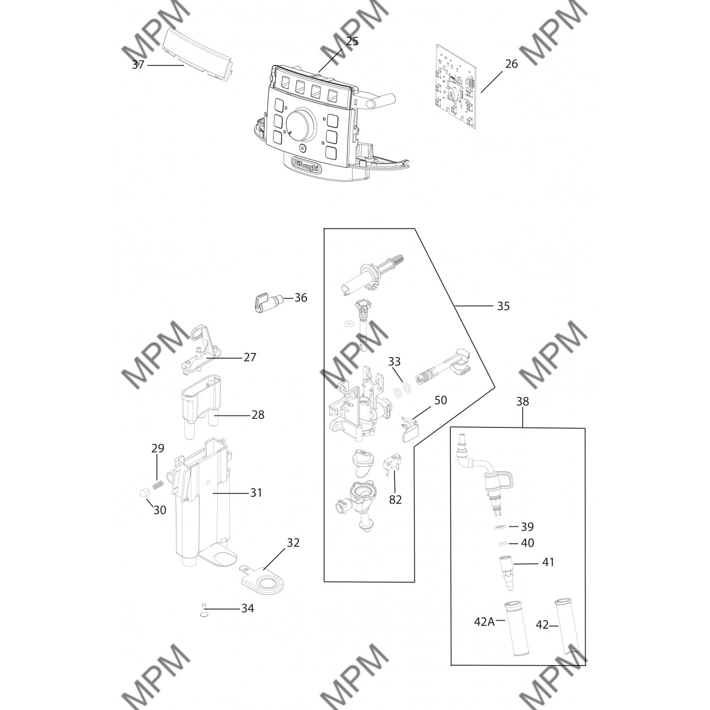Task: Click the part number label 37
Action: point(138,65)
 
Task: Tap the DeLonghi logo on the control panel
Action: point(307,164)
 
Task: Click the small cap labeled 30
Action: point(144,493)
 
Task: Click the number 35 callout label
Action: point(503,306)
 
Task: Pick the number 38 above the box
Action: point(522,401)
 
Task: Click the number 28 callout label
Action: point(258,415)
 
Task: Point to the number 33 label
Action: point(394,361)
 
